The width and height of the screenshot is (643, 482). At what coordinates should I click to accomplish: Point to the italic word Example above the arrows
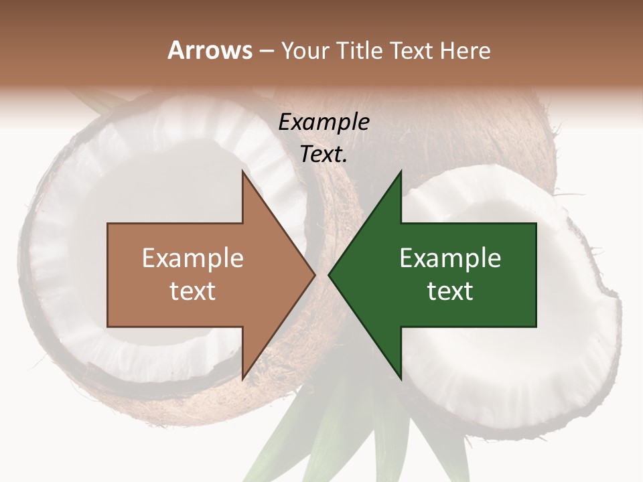point(324,123)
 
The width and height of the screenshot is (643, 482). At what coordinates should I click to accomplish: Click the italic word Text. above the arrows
point(324,155)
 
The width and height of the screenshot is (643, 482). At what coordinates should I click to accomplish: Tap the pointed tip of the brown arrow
point(314,275)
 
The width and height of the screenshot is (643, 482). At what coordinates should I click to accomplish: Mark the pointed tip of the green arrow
point(330,275)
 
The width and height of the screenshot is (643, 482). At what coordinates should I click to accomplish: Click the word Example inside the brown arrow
point(192,258)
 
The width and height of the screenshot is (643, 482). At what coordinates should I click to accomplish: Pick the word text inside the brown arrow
point(192,291)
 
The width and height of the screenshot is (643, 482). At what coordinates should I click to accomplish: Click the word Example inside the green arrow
point(450,258)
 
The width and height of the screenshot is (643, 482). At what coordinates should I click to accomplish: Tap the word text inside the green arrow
point(450,291)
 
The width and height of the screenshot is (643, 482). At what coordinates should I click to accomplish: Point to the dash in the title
point(266,51)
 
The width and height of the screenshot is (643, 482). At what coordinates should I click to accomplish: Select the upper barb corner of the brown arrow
point(243,173)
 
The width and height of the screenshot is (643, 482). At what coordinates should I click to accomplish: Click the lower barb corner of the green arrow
point(401,378)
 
